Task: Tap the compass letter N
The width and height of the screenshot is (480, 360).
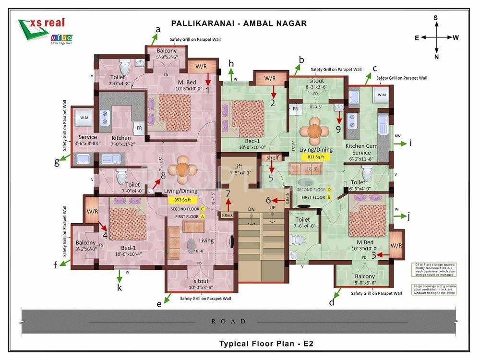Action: point(436,57)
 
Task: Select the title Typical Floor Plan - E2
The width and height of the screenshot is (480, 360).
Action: point(266,343)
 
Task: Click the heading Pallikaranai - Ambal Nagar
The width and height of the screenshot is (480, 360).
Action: point(239,23)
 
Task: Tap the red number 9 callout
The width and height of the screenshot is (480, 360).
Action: point(338,129)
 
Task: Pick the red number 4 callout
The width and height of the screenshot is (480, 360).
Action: point(105,235)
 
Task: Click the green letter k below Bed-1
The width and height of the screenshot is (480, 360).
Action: point(120,288)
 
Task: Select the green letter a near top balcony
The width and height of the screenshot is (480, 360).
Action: point(157,30)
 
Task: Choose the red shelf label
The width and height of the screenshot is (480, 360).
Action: point(273,157)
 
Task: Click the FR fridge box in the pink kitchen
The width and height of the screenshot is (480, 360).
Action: point(138,128)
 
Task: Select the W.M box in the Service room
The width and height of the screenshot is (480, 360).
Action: point(84,117)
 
